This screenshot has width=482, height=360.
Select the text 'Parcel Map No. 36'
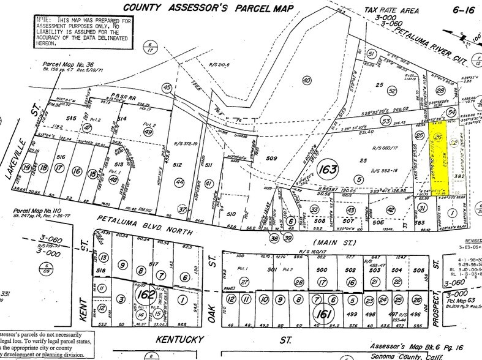click(68, 63)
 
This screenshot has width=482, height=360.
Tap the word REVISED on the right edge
click(470, 241)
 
